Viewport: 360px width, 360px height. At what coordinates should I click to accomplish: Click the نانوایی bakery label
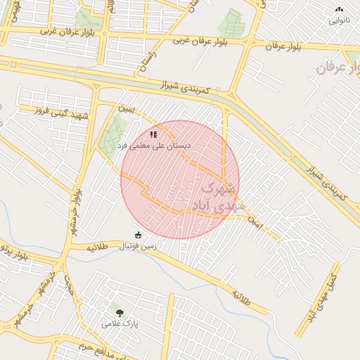point(339,20)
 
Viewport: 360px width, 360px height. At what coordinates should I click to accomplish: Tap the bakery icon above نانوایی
point(339,10)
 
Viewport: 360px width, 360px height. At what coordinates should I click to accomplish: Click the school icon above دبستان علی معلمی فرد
point(154,134)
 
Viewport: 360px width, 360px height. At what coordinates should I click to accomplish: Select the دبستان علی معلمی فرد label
point(154,145)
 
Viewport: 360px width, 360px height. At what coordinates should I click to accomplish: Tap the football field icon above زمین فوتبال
point(138,235)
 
